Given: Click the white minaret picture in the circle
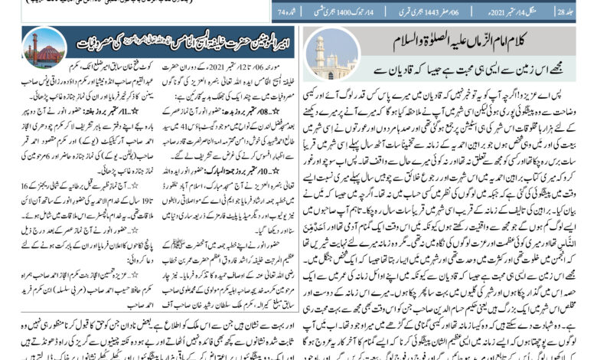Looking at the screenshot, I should [x=324, y=54].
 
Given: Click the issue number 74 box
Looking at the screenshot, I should [x=285, y=14].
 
